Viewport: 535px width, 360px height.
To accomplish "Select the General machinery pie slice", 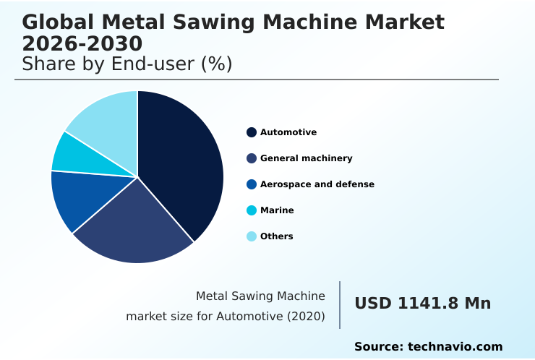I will pos(137,224).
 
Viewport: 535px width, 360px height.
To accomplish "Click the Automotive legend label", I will pos(288,132).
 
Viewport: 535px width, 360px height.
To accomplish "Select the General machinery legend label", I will pos(306,158).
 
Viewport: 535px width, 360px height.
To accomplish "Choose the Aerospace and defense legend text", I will pos(317,184).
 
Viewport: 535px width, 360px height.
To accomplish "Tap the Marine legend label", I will pos(277,210).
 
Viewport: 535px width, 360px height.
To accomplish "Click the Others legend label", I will pos(277,236).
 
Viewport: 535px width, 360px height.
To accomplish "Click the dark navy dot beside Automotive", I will pos(252,132).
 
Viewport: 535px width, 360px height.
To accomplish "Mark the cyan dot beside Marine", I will pos(252,210).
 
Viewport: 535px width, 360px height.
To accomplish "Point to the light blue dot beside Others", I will pos(252,236).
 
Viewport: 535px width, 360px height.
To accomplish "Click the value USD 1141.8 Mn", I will pos(422,304).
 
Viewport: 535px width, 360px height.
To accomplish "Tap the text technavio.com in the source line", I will pos(455,347).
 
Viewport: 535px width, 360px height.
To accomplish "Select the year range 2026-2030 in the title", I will pos(82,43).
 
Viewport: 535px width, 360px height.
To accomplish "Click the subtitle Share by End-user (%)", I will pos(127,64).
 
